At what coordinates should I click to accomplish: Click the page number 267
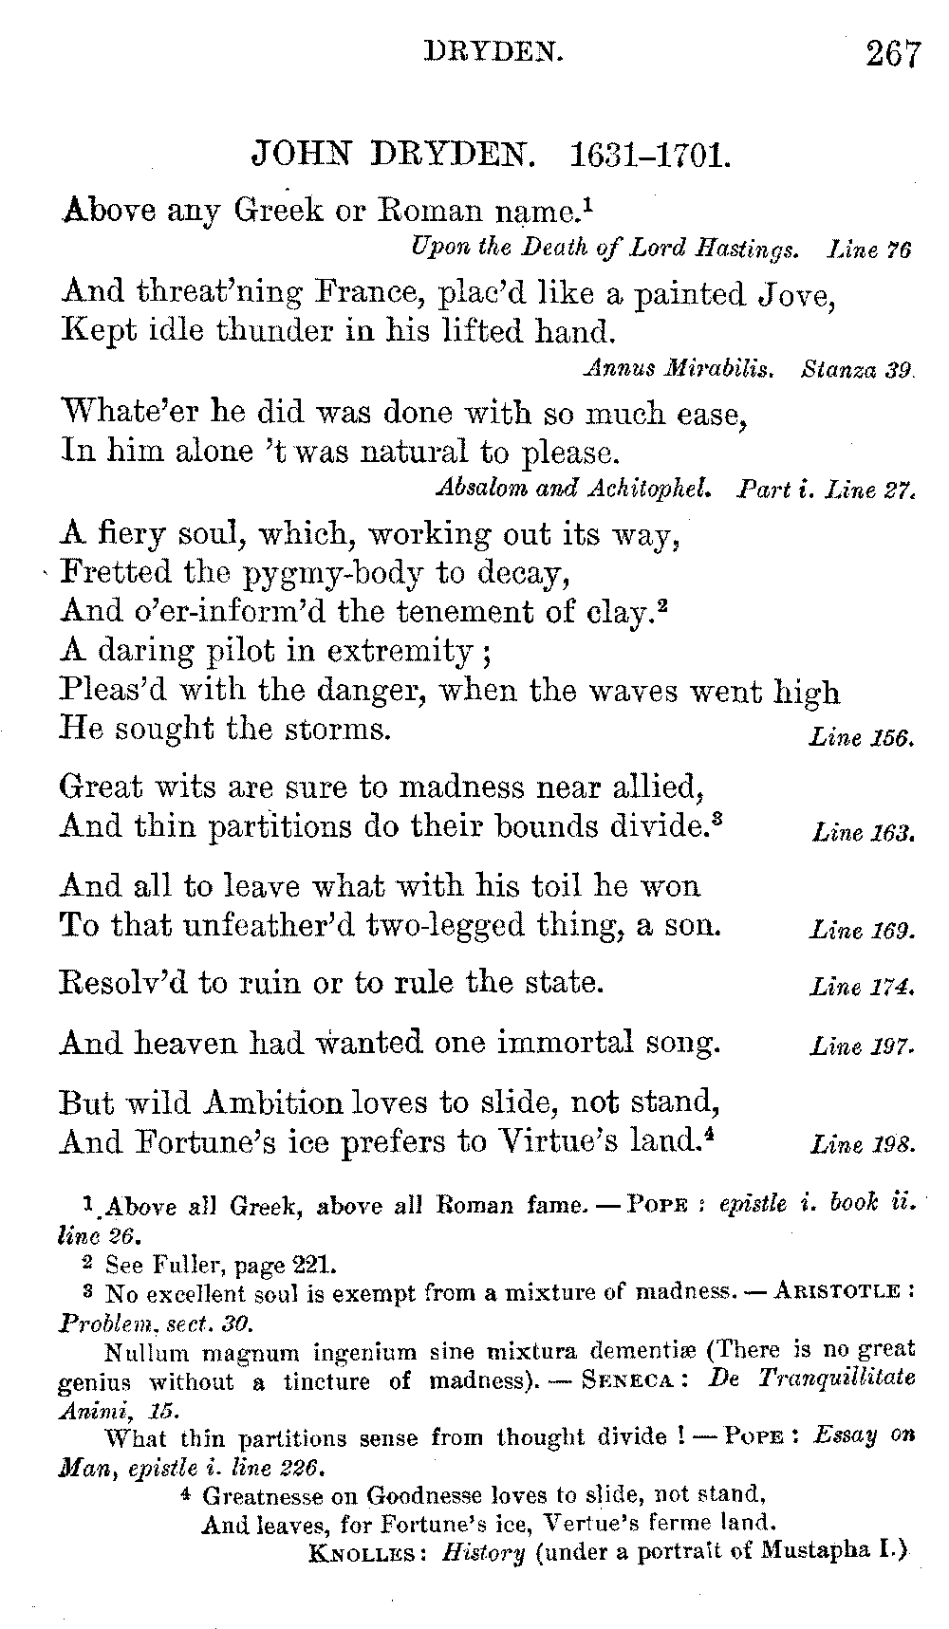[892, 53]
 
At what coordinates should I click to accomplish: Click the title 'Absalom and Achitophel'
[573, 490]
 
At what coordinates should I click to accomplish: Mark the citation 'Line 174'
[862, 989]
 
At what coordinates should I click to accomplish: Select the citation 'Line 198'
[863, 1145]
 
